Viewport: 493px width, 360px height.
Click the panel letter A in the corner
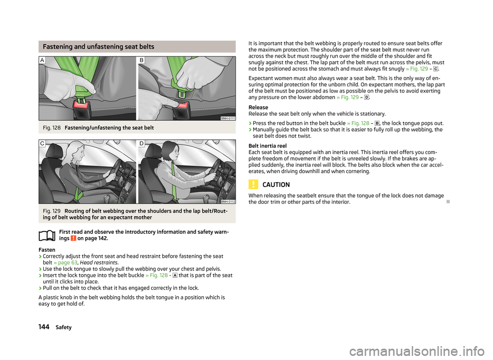[x=42, y=60]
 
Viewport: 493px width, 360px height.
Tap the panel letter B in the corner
[x=142, y=60]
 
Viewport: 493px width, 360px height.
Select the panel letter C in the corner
[x=42, y=143]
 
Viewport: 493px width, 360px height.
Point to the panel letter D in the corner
[x=142, y=143]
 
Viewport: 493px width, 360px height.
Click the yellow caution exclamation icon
[x=253, y=184]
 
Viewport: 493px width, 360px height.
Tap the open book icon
[x=47, y=236]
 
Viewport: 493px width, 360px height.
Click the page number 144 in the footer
[x=44, y=327]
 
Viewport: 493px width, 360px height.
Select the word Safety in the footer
[x=64, y=327]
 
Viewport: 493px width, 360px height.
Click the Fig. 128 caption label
[x=51, y=128]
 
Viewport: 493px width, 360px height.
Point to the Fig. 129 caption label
[x=51, y=211]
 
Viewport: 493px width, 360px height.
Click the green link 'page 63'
[x=65, y=262]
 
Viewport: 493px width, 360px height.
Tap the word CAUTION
[x=276, y=184]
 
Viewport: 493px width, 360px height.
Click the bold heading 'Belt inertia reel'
[x=268, y=146]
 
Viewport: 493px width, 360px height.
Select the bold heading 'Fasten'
[x=47, y=250]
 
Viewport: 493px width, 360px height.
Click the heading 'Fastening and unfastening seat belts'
[x=99, y=47]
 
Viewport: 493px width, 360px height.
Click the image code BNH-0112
[x=228, y=201]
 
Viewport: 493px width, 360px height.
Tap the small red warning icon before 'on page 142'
[x=73, y=238]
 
